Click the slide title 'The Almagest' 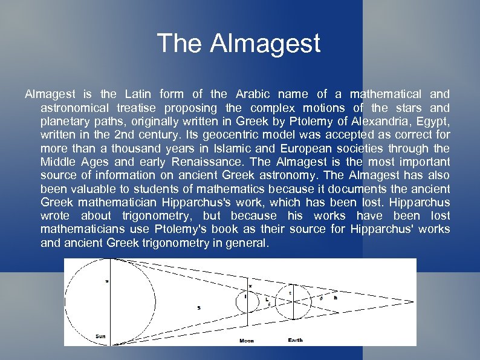pyautogui.click(x=238, y=44)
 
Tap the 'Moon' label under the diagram pyautogui.click(x=247, y=341)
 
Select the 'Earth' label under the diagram pyautogui.click(x=295, y=340)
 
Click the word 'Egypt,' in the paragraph pyautogui.click(x=429, y=121)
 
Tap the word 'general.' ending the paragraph pyautogui.click(x=247, y=243)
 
